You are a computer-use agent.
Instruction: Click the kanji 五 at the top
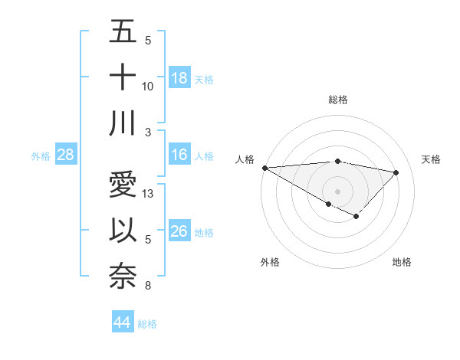[x=123, y=33]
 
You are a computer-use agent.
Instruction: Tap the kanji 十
[x=123, y=78]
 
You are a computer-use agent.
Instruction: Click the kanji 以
[x=123, y=231]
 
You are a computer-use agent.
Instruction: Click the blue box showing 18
[x=179, y=78]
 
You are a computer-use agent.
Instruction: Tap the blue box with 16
[x=179, y=155]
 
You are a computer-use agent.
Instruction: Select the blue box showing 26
[x=179, y=231]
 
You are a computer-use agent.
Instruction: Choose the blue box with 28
[x=66, y=155]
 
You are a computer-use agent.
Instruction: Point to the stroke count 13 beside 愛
[x=149, y=194]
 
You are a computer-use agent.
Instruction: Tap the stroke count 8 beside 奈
[x=147, y=286]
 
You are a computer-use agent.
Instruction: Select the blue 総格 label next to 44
[x=148, y=324]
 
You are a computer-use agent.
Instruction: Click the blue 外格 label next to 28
[x=41, y=156]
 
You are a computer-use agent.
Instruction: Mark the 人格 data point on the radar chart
[x=264, y=167]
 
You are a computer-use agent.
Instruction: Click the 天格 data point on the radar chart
[x=396, y=172]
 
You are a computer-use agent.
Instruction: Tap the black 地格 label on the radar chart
[x=402, y=262]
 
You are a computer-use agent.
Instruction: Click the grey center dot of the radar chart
[x=337, y=190]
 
